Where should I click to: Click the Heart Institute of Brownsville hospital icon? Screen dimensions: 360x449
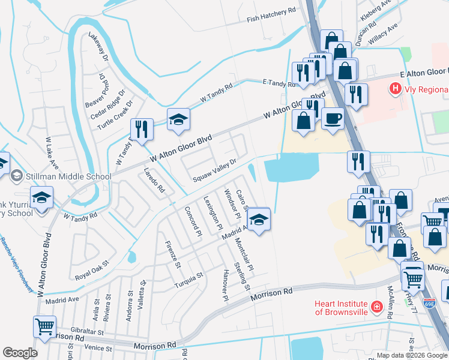coord(376,308)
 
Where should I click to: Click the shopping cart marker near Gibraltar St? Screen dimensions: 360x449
coord(44,326)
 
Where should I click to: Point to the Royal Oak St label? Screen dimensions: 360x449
coord(91,271)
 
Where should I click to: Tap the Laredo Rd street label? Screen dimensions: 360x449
coord(154,180)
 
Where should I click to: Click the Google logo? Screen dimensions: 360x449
coord(20,353)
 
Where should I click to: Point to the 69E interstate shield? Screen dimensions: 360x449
coord(429,305)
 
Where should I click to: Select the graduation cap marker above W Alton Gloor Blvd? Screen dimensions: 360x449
coord(178,119)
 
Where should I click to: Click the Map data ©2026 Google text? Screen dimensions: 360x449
coord(412,355)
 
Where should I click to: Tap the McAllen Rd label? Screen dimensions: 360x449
coord(393,311)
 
